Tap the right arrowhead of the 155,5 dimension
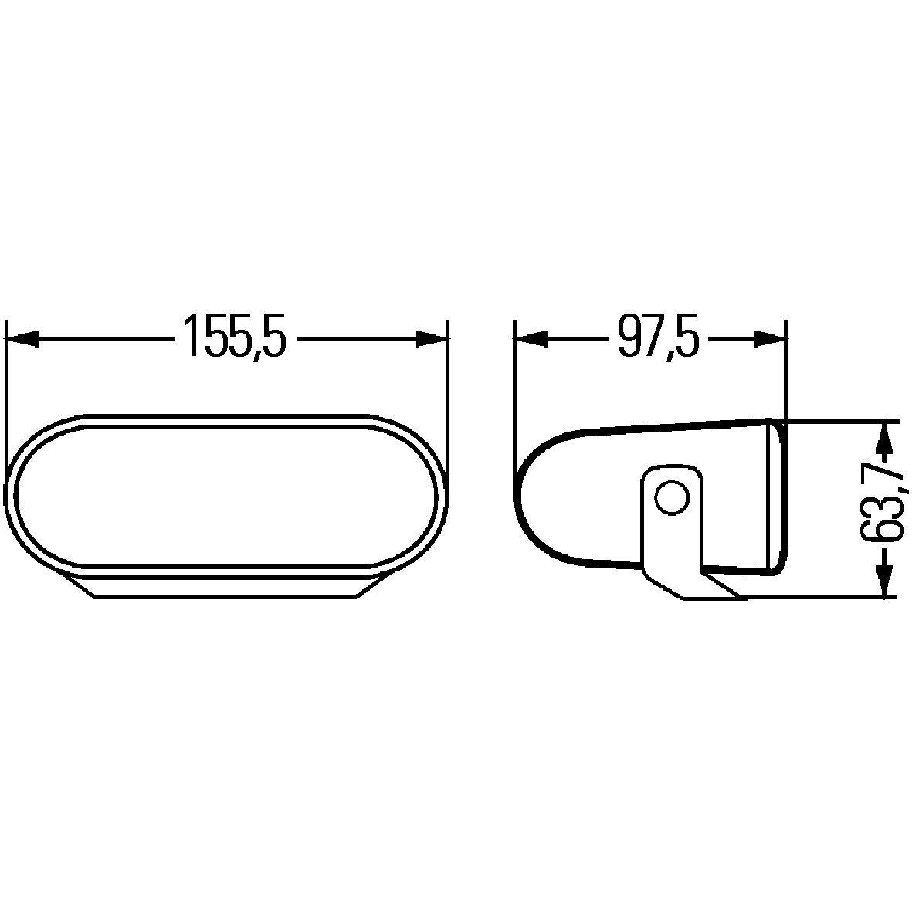(x=432, y=339)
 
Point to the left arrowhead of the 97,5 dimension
(x=531, y=339)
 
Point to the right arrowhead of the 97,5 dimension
(x=771, y=339)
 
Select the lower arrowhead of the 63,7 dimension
(x=884, y=579)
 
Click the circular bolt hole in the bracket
(x=670, y=497)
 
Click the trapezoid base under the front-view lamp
(x=225, y=586)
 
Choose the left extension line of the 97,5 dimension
(x=514, y=402)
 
